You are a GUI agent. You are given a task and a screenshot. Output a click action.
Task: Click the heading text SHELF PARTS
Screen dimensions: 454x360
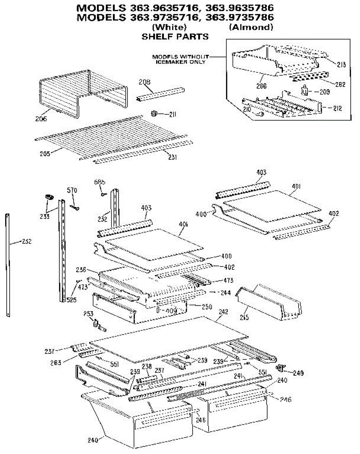coord(175,37)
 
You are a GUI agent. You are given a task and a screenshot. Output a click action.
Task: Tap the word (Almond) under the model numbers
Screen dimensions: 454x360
coord(251,27)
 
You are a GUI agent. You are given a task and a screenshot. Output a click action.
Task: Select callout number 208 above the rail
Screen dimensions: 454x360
coord(144,81)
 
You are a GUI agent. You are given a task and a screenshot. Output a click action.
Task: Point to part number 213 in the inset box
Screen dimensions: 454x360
coord(341,65)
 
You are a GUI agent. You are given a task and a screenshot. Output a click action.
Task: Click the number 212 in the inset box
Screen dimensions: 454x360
coord(338,109)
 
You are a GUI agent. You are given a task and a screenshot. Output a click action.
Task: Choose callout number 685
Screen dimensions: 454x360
coord(100,182)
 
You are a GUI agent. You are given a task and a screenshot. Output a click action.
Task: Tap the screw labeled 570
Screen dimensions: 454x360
coord(75,206)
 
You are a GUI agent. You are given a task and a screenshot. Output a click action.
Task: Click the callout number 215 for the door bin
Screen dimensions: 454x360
coord(244,318)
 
